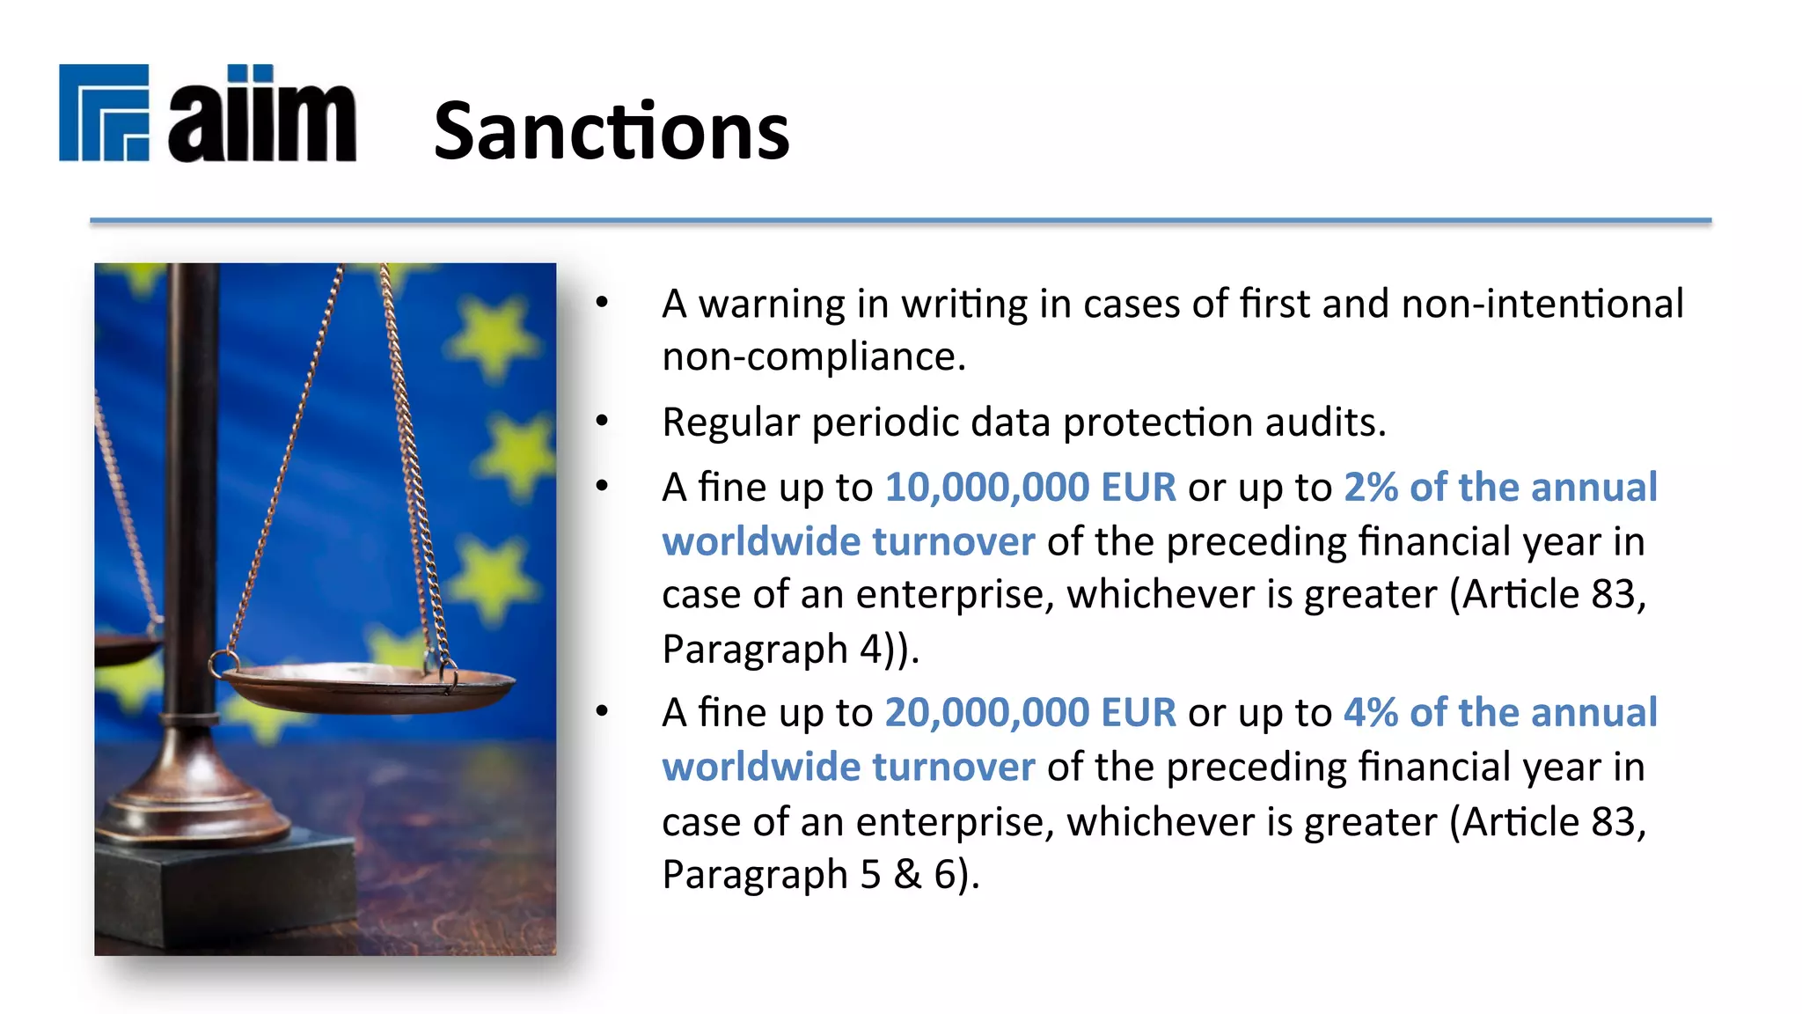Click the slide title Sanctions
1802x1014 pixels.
click(612, 132)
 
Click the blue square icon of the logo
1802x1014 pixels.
click(104, 113)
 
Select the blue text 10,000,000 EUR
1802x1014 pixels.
click(1030, 488)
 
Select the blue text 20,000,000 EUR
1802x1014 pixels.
click(1030, 713)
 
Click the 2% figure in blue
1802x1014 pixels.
click(1371, 488)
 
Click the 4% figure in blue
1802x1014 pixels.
click(1371, 713)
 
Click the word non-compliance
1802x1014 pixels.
click(813, 357)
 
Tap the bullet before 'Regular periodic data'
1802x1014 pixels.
click(602, 422)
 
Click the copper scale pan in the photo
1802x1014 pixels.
click(370, 687)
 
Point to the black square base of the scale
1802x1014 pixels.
click(220, 889)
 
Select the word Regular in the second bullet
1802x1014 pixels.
click(730, 422)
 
